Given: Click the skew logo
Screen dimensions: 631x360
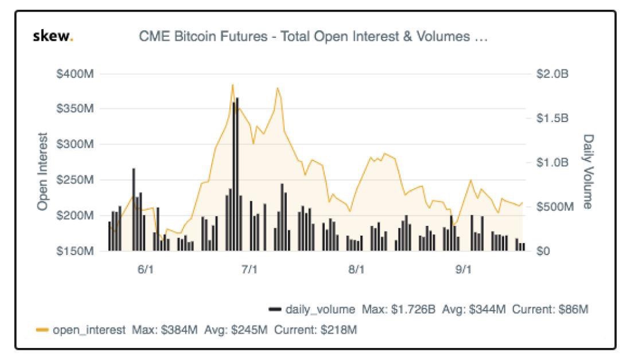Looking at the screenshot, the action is (53, 36).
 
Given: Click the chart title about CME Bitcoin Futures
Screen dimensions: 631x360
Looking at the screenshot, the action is (313, 36).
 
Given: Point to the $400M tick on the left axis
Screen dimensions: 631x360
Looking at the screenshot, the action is (75, 73).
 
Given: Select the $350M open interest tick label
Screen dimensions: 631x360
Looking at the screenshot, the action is (75, 108).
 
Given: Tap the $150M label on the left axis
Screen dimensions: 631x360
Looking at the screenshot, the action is (75, 251).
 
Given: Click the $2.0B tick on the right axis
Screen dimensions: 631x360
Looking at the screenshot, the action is (552, 73).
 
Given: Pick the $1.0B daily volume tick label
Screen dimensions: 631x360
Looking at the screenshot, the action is (552, 162).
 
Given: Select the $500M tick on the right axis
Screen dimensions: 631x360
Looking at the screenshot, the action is (555, 206).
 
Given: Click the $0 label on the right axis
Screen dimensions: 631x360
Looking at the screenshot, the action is (543, 251).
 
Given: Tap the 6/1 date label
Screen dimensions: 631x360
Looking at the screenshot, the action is (145, 269).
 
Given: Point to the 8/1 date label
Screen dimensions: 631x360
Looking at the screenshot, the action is (356, 269).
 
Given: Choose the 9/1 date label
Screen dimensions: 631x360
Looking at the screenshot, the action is (463, 269).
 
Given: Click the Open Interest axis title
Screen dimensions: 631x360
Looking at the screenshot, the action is (42, 171).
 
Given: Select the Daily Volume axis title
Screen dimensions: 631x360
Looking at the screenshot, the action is (589, 171).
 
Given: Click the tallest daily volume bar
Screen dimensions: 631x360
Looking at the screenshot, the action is (237, 174).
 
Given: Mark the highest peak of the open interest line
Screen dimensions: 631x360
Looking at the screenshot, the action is (232, 85).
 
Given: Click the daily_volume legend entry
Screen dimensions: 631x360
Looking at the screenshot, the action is (312, 309).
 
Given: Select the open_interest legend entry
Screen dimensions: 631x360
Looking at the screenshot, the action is (80, 330).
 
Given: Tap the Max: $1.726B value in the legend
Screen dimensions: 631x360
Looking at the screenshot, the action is (399, 309).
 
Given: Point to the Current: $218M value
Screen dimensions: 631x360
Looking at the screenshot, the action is (315, 330).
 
